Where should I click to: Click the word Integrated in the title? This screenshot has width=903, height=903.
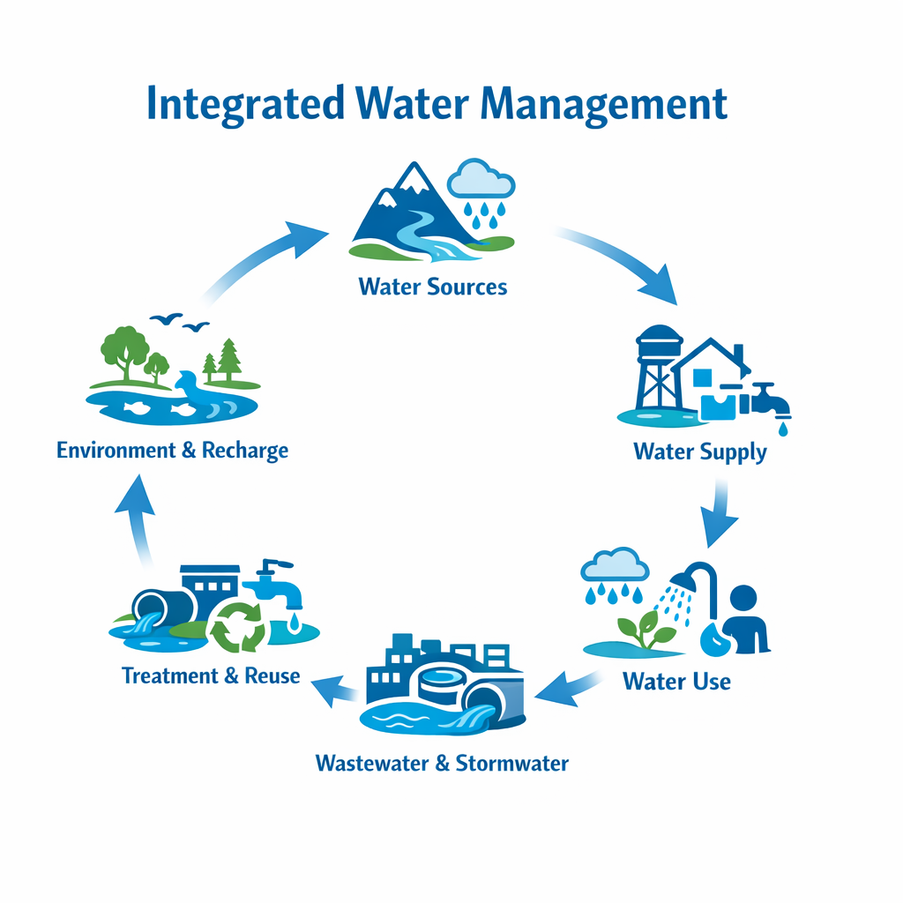[x=244, y=105]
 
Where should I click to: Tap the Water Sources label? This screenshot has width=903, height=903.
[x=433, y=287]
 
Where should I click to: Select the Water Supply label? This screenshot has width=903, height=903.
[x=700, y=452]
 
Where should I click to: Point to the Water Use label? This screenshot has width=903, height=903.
[x=676, y=681]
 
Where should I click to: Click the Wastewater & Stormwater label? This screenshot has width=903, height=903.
[x=442, y=763]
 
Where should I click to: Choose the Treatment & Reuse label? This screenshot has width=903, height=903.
[x=211, y=676]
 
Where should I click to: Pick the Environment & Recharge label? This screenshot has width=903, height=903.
[x=172, y=451]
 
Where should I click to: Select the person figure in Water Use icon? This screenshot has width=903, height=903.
[x=743, y=617]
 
